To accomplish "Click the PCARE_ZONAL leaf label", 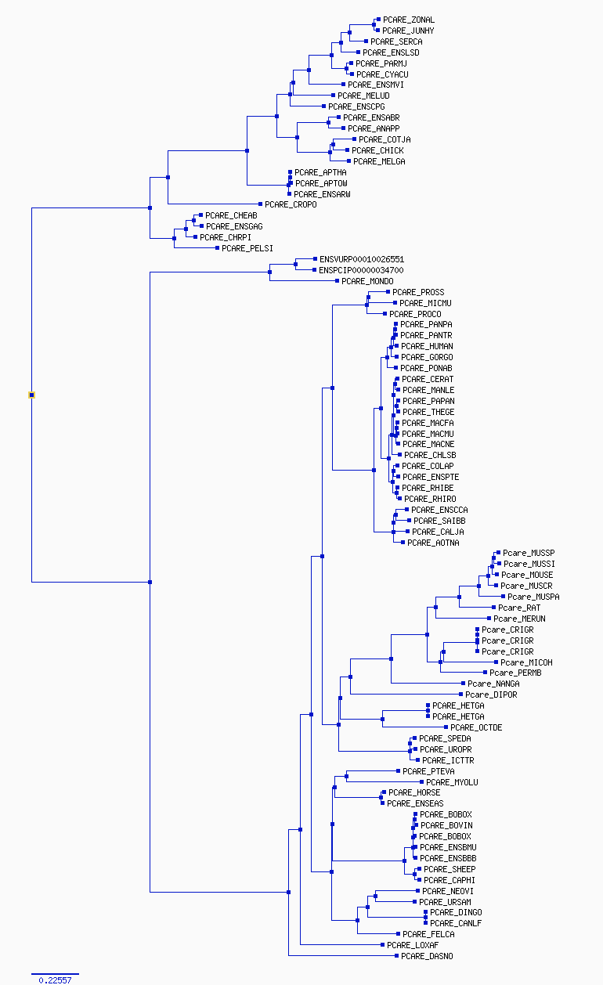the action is click(x=409, y=20).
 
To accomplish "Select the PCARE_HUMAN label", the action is click(x=427, y=346).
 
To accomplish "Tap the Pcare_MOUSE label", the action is click(x=527, y=575).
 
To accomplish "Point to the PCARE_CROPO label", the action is click(x=291, y=204).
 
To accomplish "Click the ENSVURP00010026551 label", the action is click(x=362, y=259).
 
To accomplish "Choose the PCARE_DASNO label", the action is click(x=427, y=956).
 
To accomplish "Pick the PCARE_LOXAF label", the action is click(x=413, y=945).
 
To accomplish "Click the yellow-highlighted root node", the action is click(x=31, y=395).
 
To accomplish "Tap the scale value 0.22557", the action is click(x=55, y=980).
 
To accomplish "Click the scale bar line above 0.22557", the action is click(x=55, y=974).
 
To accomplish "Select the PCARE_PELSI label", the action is click(x=247, y=248).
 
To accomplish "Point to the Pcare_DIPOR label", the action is click(x=491, y=695).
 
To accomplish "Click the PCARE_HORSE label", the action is click(x=413, y=792).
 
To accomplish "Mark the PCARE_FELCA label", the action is click(x=428, y=934).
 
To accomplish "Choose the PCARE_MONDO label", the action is click(x=367, y=281).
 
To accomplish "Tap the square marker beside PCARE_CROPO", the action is click(x=260, y=204).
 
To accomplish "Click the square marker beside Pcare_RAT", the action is click(x=493, y=608).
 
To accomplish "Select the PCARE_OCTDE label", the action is click(x=476, y=727).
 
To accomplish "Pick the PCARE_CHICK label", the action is click(x=377, y=150).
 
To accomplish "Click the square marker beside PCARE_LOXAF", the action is click(x=383, y=944).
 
